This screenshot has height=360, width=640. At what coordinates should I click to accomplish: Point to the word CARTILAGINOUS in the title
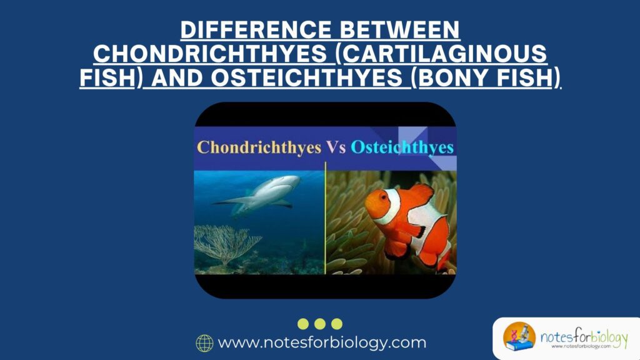pos(445,54)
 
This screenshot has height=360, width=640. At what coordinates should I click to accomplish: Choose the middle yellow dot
pos(320,324)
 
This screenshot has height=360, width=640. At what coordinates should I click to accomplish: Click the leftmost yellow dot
pos(303,324)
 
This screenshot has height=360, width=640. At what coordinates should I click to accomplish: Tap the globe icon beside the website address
pos(204,343)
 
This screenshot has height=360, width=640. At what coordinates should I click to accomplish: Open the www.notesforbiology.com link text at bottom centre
pos(322,343)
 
